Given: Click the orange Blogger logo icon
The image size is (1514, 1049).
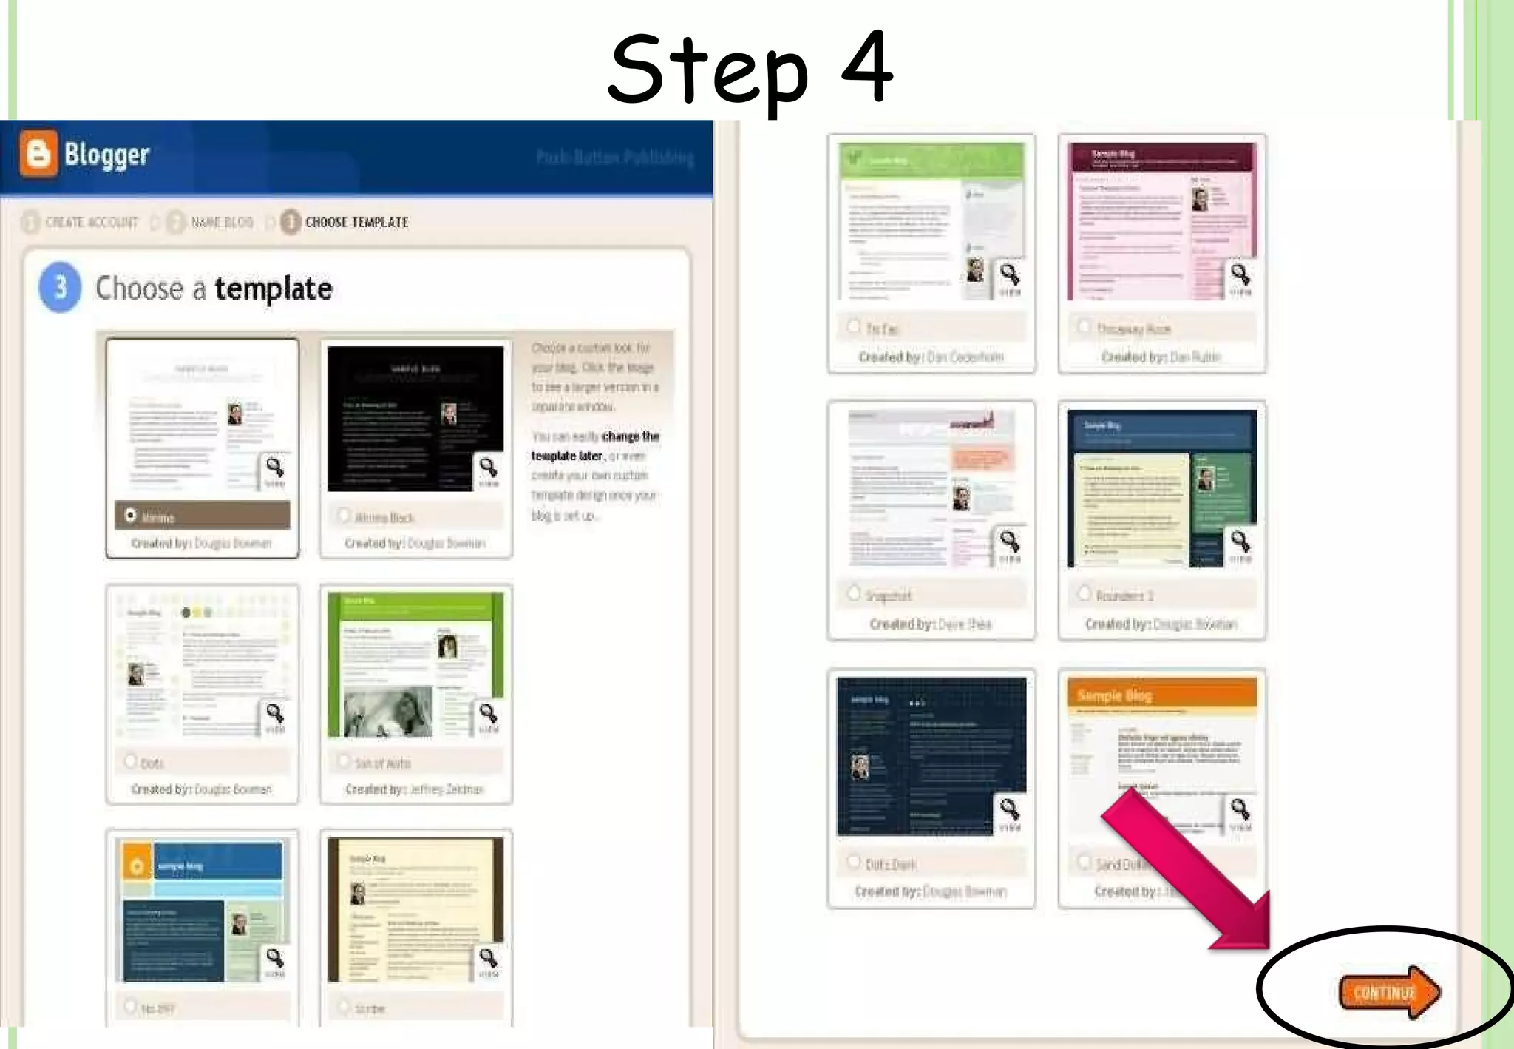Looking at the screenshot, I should coord(38,154).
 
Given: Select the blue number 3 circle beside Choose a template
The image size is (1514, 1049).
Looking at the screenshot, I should coord(60,287).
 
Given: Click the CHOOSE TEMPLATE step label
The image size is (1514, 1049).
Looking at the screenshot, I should coord(356,223).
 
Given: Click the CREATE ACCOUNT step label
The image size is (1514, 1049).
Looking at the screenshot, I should coord(91,223).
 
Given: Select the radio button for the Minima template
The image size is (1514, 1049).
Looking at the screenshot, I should coord(131,515).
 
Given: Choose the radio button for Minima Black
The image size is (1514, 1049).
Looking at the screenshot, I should coord(344,515).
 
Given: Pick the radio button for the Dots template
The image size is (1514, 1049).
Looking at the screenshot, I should coord(131,760).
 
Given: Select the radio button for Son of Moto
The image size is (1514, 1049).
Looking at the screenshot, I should coord(344,760).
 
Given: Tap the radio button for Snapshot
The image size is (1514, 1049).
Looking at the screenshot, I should coord(854,593).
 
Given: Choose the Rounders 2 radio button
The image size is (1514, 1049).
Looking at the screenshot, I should coord(1084,593).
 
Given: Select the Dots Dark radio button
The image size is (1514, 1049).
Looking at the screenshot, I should coord(854,862).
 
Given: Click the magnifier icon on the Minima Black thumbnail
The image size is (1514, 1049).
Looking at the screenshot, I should coord(488,468).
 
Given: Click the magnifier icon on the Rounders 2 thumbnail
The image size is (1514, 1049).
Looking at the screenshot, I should coord(1240,542).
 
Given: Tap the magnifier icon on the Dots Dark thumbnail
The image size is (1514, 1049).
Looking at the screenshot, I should coord(1010,809).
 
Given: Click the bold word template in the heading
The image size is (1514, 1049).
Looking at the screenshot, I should coord(273,289).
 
